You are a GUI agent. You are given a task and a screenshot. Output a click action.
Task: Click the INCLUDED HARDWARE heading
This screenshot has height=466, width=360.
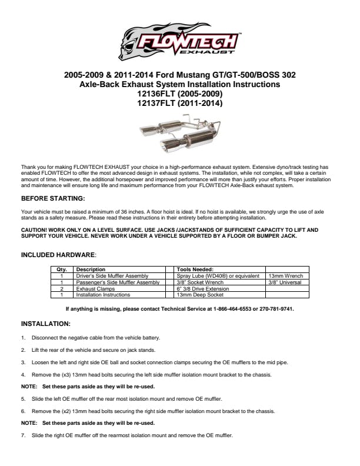coord(58,255)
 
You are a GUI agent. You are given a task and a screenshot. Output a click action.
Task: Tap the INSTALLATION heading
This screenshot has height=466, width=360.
coord(46,324)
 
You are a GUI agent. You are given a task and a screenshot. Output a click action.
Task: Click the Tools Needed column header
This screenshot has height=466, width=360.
coord(195,269)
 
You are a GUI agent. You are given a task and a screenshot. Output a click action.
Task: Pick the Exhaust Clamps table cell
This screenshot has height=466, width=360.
coord(95,289)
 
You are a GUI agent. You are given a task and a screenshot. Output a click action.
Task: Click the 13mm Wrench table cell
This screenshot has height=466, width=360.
coord(284,275)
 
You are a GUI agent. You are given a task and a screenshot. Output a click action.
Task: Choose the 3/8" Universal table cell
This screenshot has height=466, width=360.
coord(285,282)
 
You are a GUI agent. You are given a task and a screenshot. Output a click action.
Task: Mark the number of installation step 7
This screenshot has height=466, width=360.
coord(23,435)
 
